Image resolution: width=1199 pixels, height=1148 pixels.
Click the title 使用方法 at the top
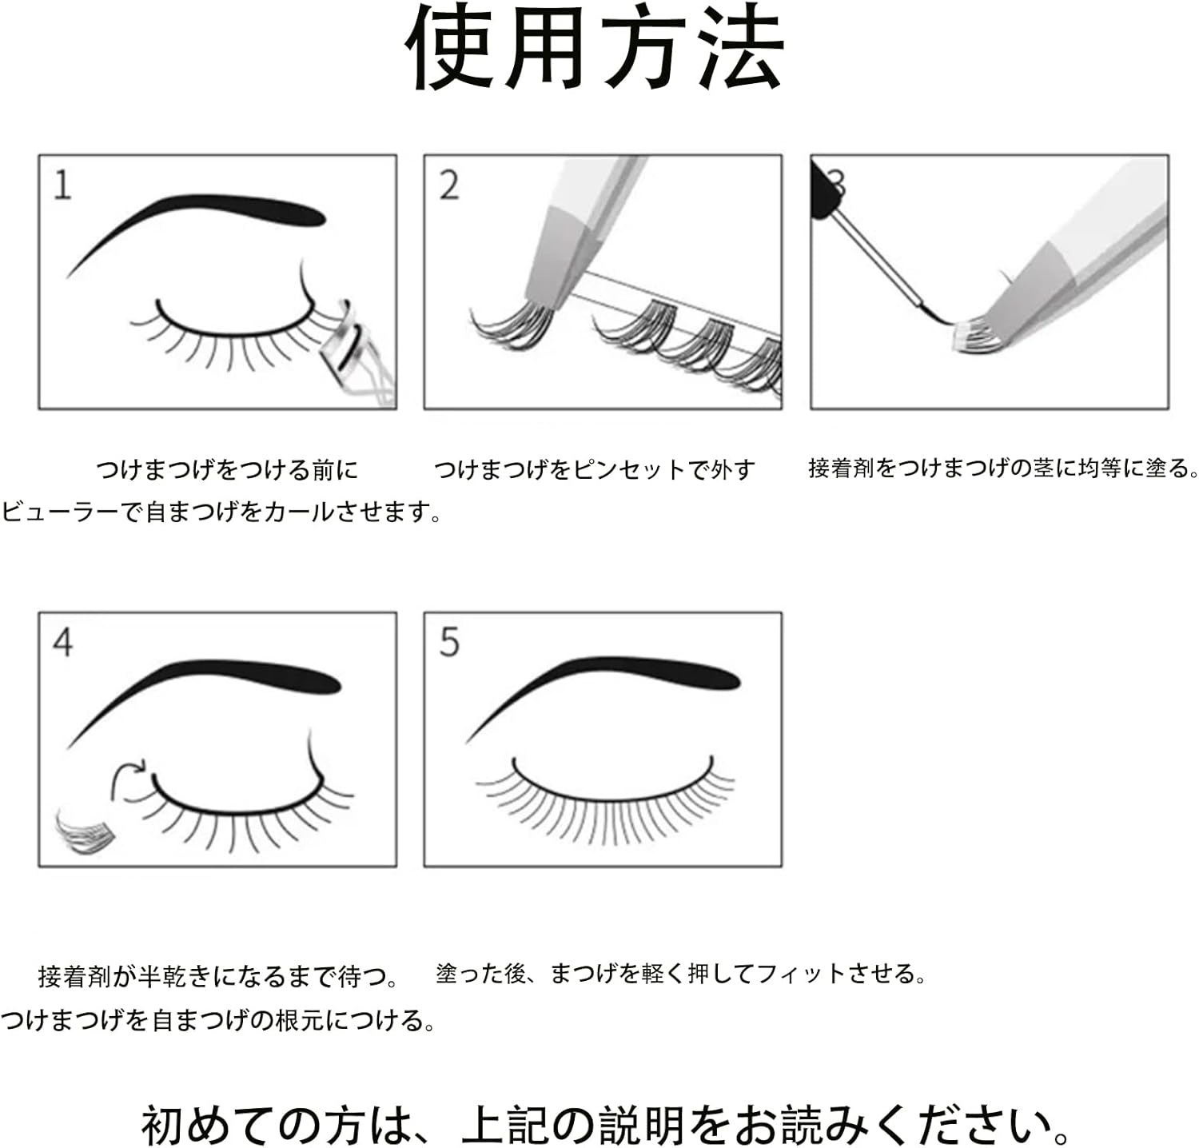[596, 50]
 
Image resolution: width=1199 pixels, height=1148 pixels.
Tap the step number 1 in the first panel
[62, 185]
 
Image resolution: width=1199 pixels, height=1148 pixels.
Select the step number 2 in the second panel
[449, 185]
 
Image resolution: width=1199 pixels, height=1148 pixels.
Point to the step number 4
[62, 643]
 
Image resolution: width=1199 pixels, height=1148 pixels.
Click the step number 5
[449, 643]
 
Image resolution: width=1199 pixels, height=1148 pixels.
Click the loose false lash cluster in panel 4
[85, 831]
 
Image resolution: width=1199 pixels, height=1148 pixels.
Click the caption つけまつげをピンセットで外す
[594, 469]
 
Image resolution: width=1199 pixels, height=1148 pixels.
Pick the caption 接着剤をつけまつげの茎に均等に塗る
[1003, 468]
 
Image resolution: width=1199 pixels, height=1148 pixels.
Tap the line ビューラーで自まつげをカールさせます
[221, 512]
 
